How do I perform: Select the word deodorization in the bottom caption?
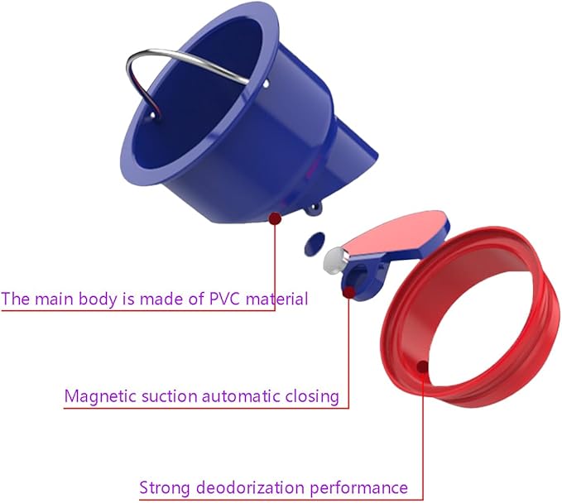tap(250, 487)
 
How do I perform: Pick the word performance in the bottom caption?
tap(358, 488)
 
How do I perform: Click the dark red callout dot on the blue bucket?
tap(275, 218)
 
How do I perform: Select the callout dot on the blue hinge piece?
tap(348, 292)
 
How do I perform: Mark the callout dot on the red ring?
tap(423, 366)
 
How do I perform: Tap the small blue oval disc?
tap(315, 243)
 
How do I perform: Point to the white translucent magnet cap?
tap(334, 261)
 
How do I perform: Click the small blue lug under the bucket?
tap(314, 210)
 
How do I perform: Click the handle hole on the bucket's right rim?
tap(266, 84)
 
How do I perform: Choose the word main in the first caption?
tap(55, 299)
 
